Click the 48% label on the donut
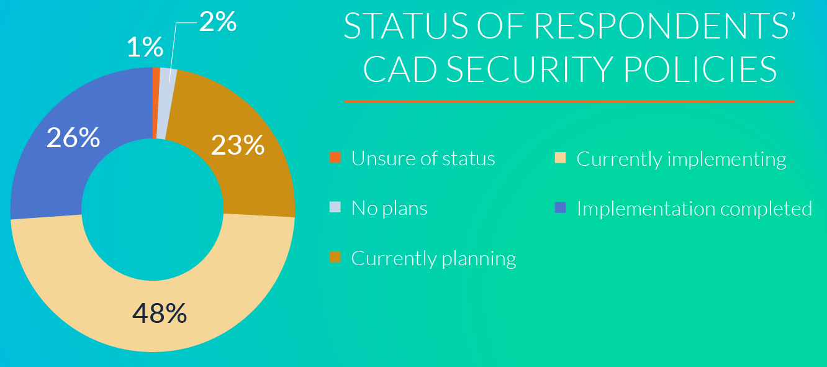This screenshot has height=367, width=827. [x=160, y=313]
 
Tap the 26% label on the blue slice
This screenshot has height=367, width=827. [x=73, y=137]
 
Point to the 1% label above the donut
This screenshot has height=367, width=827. [x=145, y=47]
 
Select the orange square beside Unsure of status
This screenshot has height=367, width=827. [x=335, y=158]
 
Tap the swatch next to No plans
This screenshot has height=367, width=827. [x=335, y=207]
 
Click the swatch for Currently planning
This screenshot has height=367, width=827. [x=335, y=257]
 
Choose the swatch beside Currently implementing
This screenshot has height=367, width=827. [x=560, y=158]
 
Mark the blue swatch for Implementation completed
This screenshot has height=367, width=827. [x=560, y=207]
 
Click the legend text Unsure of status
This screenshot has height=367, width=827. [x=423, y=158]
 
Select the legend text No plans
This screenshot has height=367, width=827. [x=389, y=207]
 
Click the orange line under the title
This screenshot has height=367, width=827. [x=569, y=101]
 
